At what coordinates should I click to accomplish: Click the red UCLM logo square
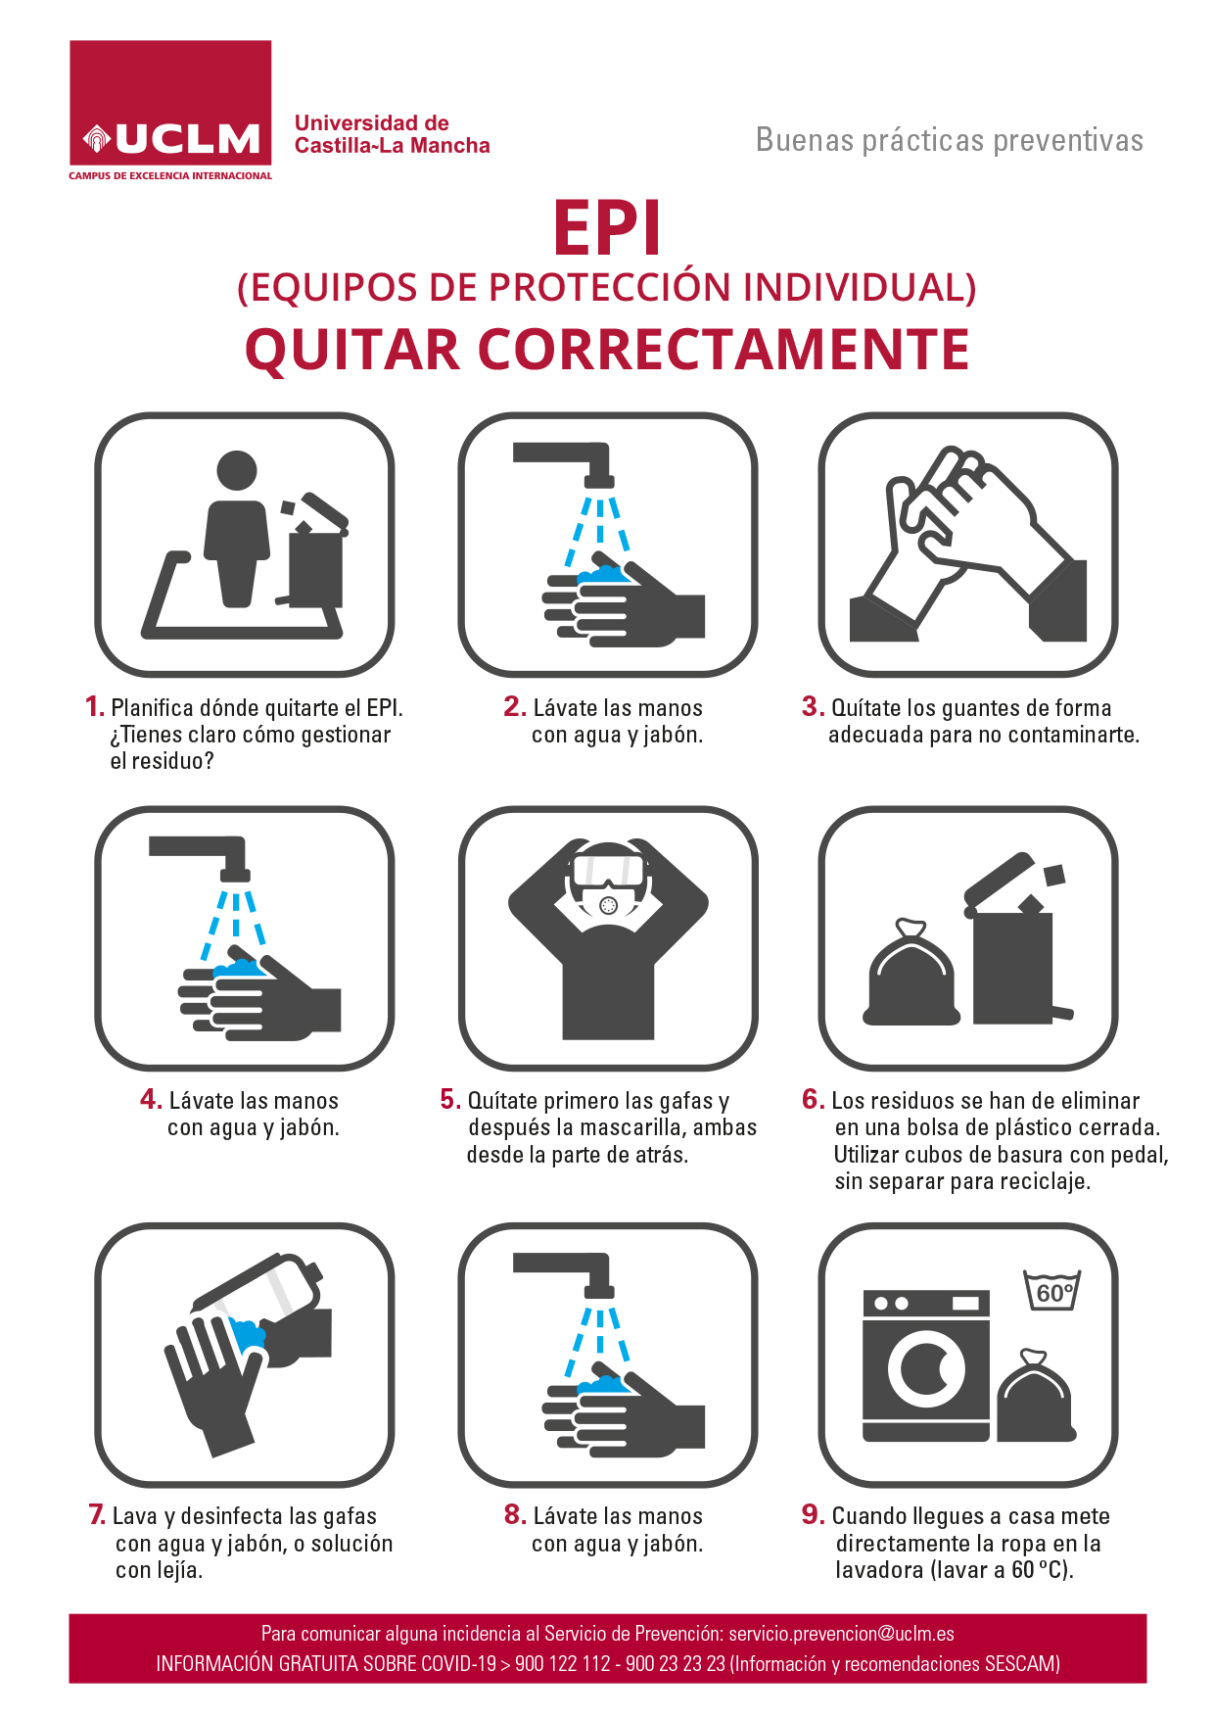tap(170, 103)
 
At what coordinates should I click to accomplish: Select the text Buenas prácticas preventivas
tap(950, 141)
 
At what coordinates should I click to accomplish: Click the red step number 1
tap(94, 706)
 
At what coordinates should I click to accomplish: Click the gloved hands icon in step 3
tap(968, 545)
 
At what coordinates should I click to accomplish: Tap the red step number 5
tap(449, 1099)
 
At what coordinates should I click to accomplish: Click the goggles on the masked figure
tap(608, 869)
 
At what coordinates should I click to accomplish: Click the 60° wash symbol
tap(1052, 1290)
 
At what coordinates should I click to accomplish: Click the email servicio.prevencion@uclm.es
tap(841, 1634)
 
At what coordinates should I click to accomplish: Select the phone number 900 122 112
tap(562, 1664)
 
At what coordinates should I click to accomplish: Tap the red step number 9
tap(813, 1514)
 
